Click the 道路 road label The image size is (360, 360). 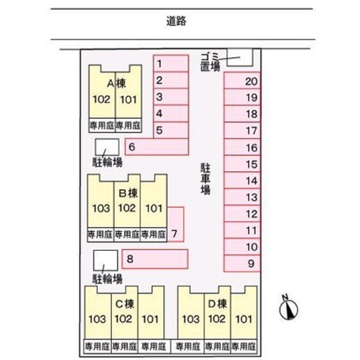point(176,21)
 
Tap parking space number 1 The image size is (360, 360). point(171,64)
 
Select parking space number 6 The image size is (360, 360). point(157,147)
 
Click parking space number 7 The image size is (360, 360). point(175,224)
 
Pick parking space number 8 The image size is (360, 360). point(155,259)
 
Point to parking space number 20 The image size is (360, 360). point(242,80)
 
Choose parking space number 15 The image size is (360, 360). point(242,164)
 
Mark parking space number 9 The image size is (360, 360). point(242,264)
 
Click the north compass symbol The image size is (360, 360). point(289,308)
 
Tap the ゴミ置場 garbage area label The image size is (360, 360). point(210,62)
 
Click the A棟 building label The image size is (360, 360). point(116,84)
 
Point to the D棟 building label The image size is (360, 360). point(217,304)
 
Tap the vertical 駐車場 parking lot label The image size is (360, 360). point(205,179)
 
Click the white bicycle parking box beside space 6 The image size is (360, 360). point(107,147)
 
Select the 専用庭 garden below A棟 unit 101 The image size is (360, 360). point(128,125)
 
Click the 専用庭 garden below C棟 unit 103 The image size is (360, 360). point(97,346)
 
